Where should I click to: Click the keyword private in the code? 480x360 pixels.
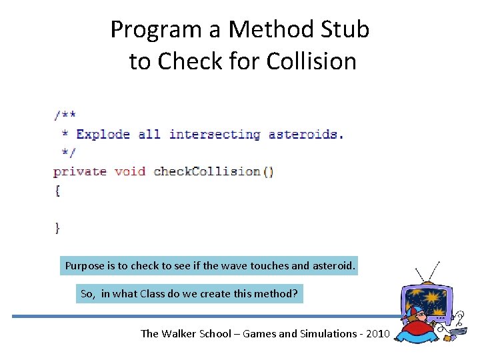coord(80,171)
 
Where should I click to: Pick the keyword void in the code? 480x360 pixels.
coord(129,171)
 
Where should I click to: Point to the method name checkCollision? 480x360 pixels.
coord(207,171)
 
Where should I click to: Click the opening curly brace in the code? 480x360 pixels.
coord(57,191)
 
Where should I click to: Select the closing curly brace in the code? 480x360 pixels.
coord(57,228)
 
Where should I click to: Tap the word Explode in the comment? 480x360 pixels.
coord(103,134)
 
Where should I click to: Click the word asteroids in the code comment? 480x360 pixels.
coord(305,134)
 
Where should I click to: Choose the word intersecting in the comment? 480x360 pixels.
coord(214,134)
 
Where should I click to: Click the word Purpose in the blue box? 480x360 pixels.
coord(85,266)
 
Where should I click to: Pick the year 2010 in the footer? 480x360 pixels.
coord(375,333)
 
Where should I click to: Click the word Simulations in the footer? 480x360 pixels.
coord(319,333)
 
